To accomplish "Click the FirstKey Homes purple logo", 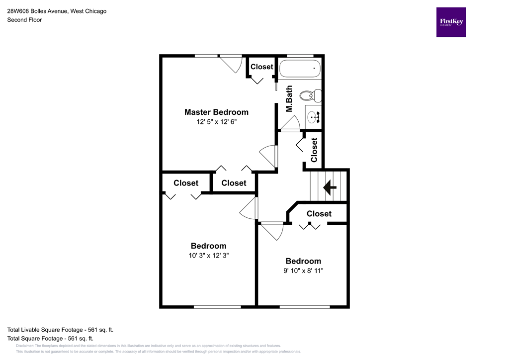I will coord(451,22).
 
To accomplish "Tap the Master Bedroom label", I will coord(216,112).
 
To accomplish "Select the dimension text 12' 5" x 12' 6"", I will coord(216,121).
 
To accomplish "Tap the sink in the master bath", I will coord(314,117).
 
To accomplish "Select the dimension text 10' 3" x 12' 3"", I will coord(208,255).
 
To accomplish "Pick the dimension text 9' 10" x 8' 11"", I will coord(303,270).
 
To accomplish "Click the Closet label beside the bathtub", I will coord(261,67).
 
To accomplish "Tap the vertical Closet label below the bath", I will coord(314,150).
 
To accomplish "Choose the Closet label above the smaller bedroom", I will coord(319,213).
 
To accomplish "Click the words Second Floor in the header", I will coord(24,20).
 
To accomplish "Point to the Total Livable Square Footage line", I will coord(64,330).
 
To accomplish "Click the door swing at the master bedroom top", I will coord(231,64).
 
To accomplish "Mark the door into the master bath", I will coord(291,123).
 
